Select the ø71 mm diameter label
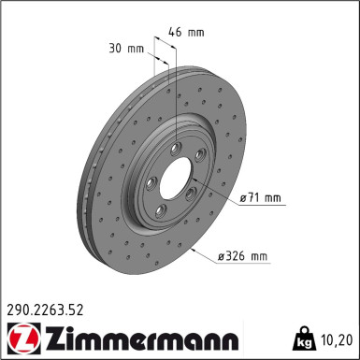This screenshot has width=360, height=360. [260, 197]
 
